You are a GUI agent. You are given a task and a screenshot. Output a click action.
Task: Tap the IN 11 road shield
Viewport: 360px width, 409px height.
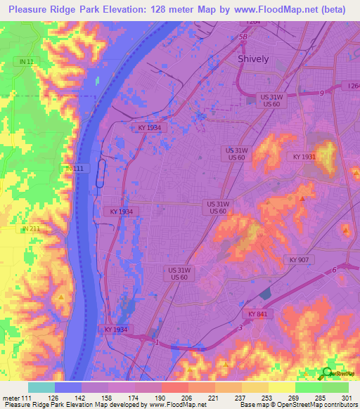pos(27,62)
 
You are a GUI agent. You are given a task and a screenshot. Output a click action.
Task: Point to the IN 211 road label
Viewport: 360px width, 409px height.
pos(30,228)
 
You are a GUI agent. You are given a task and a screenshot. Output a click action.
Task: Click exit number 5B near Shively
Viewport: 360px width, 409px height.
pos(243,37)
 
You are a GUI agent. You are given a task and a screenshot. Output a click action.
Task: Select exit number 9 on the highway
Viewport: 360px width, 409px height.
pos(321,93)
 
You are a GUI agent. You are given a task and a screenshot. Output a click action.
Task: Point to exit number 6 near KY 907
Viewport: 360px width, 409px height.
pos(335,270)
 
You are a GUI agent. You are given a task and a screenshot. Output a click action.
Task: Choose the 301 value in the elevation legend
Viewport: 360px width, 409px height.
pos(344,398)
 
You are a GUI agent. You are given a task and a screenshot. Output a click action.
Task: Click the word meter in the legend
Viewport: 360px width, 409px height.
pos(11,398)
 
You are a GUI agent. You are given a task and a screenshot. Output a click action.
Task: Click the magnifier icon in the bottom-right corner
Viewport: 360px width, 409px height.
pos(328,375)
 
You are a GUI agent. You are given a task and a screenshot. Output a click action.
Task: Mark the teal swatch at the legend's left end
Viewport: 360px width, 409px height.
pos(41,387)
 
